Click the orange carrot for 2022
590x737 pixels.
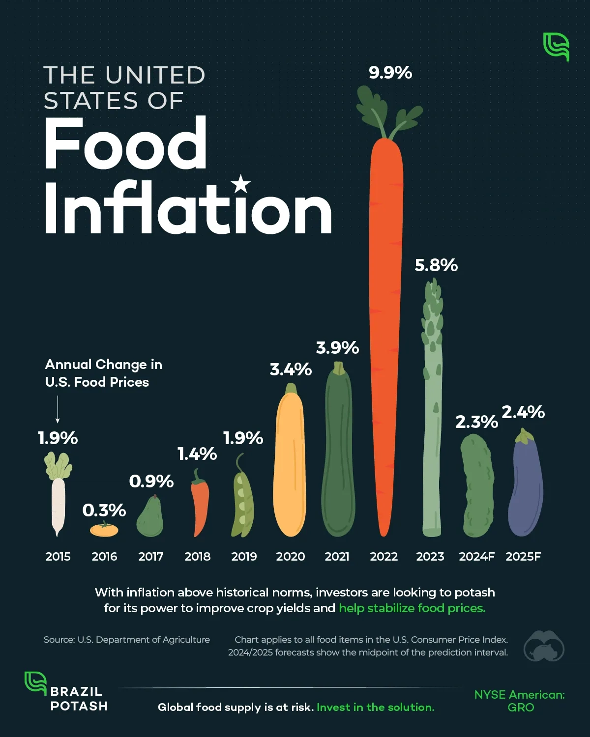386,334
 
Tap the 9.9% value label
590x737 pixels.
390,73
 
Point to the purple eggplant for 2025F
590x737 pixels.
526,486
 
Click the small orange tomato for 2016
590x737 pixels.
104,530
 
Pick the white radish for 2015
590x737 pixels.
58,496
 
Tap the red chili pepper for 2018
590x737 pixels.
200,504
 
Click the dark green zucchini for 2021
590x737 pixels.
338,452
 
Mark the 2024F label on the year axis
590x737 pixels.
476,557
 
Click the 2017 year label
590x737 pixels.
151,557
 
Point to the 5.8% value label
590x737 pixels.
436,265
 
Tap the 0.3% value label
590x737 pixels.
104,510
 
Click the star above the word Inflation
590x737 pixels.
240,184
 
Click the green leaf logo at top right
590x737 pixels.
556,47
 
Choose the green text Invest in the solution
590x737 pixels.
375,707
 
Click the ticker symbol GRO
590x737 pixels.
520,708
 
